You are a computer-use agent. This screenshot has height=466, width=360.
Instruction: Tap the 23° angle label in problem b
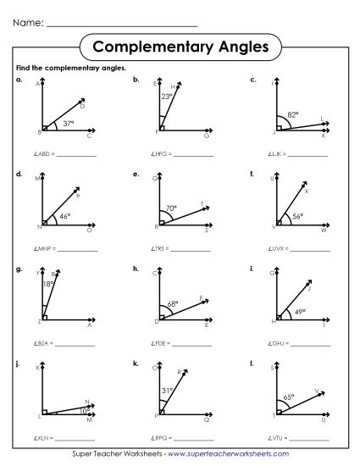click(x=168, y=97)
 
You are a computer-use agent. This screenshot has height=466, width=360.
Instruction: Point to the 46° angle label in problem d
click(x=64, y=217)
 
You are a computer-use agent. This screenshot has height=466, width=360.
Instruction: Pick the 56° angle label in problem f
click(x=298, y=216)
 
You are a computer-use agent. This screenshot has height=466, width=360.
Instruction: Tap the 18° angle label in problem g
click(x=48, y=286)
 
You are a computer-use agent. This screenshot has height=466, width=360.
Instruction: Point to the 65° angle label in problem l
click(x=289, y=396)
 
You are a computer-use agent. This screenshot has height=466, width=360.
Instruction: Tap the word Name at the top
click(x=26, y=23)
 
